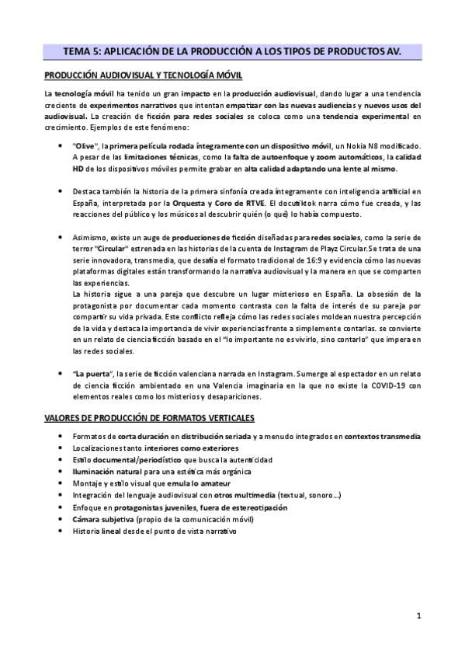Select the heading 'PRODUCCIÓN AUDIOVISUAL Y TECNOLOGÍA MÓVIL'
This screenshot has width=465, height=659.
[144, 75]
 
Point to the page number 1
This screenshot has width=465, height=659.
[418, 618]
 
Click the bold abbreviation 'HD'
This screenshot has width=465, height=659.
[78, 169]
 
